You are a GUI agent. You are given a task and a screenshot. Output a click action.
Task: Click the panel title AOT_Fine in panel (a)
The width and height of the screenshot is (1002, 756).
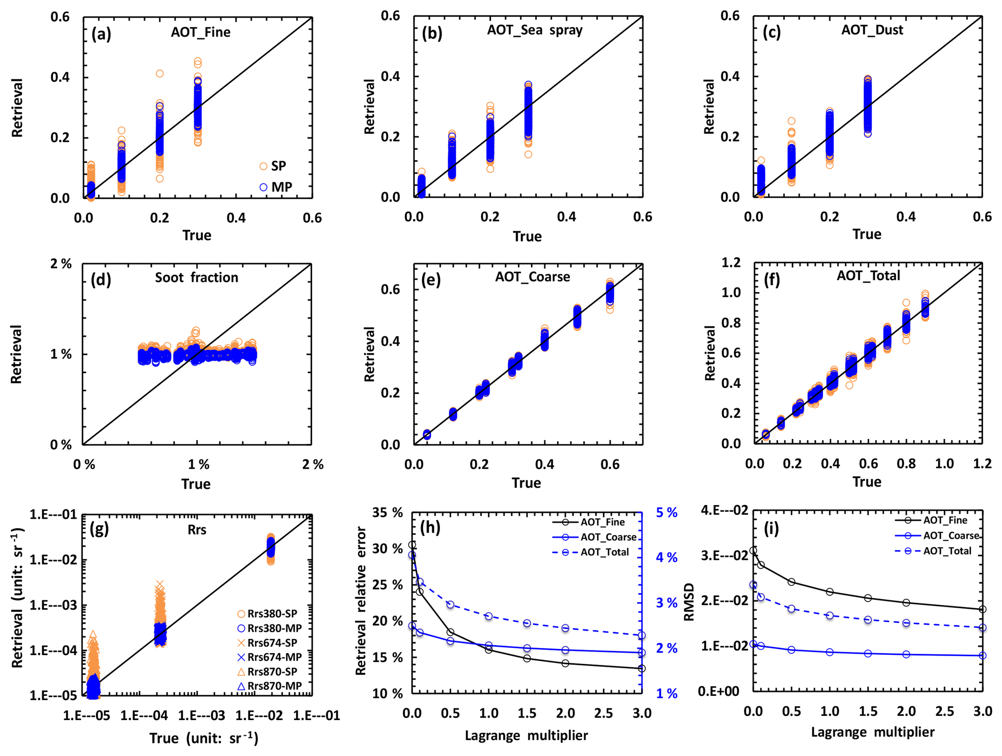pos(201,32)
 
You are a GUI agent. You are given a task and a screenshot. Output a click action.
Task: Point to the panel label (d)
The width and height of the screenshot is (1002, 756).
pos(101,280)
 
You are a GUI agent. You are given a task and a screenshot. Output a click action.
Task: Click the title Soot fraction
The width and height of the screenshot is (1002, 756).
pos(196,278)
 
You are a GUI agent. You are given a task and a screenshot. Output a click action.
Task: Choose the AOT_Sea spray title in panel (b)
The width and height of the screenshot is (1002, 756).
pos(535,30)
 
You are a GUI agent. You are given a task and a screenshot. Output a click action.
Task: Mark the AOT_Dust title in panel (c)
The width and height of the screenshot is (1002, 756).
pos(872,30)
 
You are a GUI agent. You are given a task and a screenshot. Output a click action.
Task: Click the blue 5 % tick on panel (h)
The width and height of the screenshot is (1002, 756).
pos(667,513)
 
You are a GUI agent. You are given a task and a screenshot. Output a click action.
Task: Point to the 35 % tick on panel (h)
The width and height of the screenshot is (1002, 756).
pos(388,513)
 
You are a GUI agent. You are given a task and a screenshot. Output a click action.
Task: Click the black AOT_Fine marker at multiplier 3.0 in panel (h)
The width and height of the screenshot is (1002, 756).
pos(642,669)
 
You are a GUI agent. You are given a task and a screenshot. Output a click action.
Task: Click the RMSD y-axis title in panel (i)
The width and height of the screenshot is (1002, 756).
pos(689,602)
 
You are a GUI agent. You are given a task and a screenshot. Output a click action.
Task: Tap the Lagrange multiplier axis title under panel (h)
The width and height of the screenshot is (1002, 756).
pos(526,736)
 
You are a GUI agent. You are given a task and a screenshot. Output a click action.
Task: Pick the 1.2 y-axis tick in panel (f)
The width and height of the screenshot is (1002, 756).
pos(731,263)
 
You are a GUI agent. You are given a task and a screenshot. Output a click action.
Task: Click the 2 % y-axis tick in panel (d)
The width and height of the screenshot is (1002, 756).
pos(61,264)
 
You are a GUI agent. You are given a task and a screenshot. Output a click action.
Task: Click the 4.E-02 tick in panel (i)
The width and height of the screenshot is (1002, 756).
pos(724,510)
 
